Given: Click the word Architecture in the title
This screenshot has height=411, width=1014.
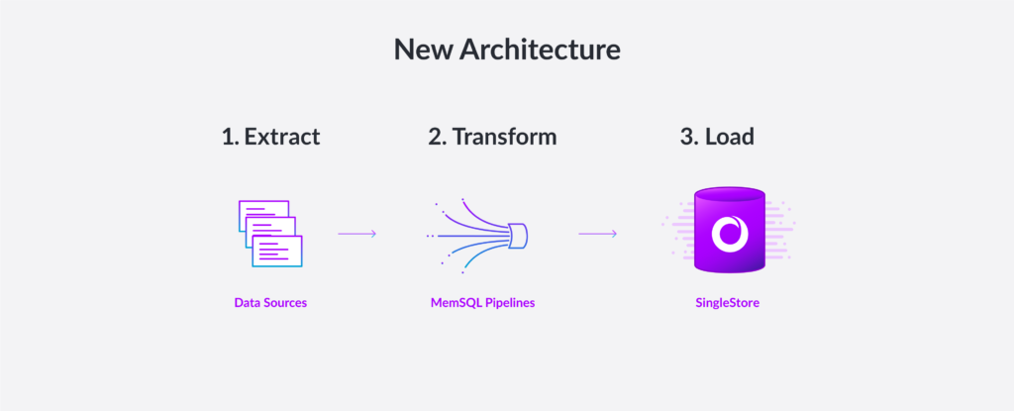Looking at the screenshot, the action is coord(540,50).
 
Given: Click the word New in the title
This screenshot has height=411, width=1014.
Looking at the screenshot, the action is coord(424,50).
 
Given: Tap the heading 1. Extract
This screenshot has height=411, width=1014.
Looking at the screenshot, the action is coord(271,137).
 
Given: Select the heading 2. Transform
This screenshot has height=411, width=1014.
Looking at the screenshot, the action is coord(492,137).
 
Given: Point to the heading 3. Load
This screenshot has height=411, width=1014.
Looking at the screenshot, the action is coord(717,137).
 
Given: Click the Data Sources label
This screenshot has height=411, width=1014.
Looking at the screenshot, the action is coord(270,302).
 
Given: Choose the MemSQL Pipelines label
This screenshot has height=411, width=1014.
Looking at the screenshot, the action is coord(482,302).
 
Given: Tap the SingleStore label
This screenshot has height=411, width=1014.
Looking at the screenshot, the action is coord(728,302).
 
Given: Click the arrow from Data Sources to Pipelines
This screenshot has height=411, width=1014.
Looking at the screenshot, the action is coord(356,234).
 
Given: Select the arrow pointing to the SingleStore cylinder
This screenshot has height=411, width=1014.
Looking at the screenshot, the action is coord(597,234).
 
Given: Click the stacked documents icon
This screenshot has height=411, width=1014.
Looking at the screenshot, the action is coord(270,234).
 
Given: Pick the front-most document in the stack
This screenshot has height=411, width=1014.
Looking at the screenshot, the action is coord(277,252).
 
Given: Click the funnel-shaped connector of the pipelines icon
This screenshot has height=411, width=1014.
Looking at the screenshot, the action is coord(518,235).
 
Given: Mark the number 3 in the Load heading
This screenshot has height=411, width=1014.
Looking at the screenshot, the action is coord(687,137).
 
